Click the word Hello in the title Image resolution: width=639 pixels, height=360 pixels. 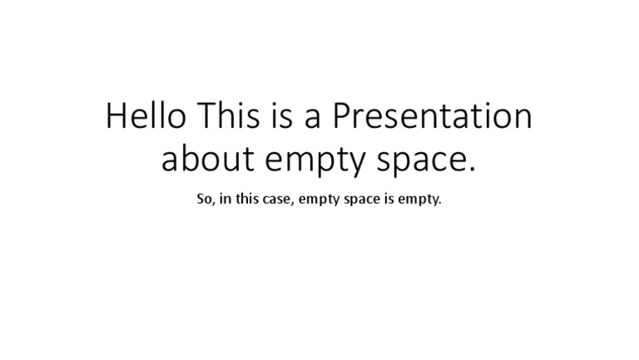(146, 116)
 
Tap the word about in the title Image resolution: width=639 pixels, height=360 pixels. (208, 159)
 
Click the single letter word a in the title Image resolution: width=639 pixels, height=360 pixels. (313, 120)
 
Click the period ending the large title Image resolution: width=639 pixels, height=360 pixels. (472, 169)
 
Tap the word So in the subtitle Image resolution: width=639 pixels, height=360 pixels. (205, 200)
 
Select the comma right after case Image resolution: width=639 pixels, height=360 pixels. (293, 204)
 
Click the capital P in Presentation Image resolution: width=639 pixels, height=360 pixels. (342, 116)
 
